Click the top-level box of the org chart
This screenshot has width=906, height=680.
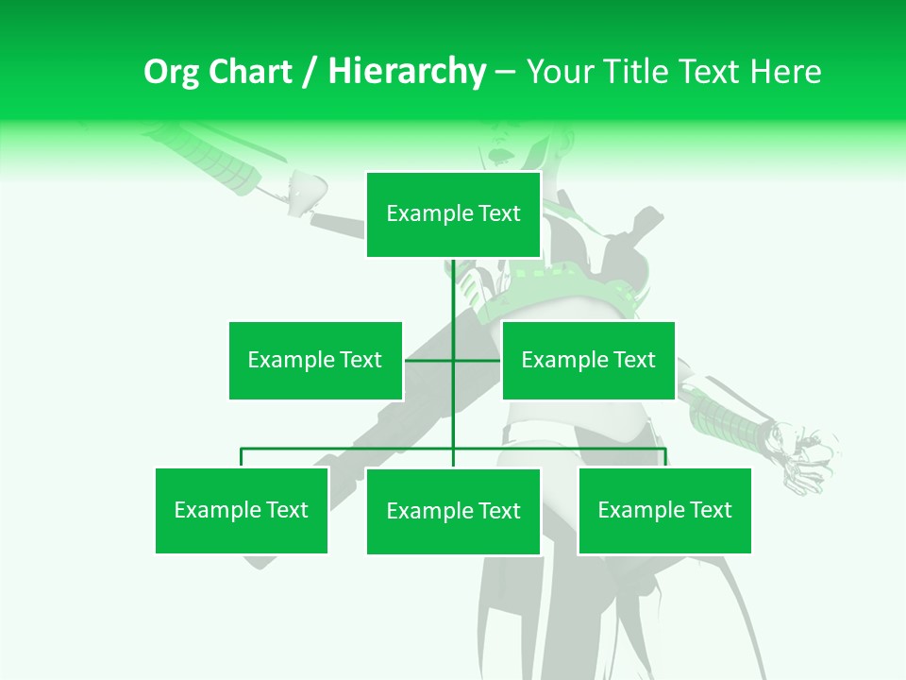click(x=453, y=214)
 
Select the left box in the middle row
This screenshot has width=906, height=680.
click(x=315, y=360)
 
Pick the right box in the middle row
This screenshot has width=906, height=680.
click(x=588, y=360)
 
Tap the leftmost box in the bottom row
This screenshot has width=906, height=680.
click(x=242, y=510)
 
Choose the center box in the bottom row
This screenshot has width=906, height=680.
click(x=453, y=511)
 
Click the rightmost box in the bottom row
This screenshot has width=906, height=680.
click(x=664, y=510)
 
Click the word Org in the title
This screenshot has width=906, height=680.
click(x=171, y=72)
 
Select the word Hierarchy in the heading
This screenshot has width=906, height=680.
click(x=407, y=72)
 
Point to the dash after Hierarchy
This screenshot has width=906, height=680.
click(x=505, y=72)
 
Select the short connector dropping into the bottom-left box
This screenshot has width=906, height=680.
click(x=242, y=458)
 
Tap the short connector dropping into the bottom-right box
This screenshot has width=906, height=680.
click(x=665, y=458)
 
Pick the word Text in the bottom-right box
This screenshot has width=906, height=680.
click(x=710, y=510)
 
